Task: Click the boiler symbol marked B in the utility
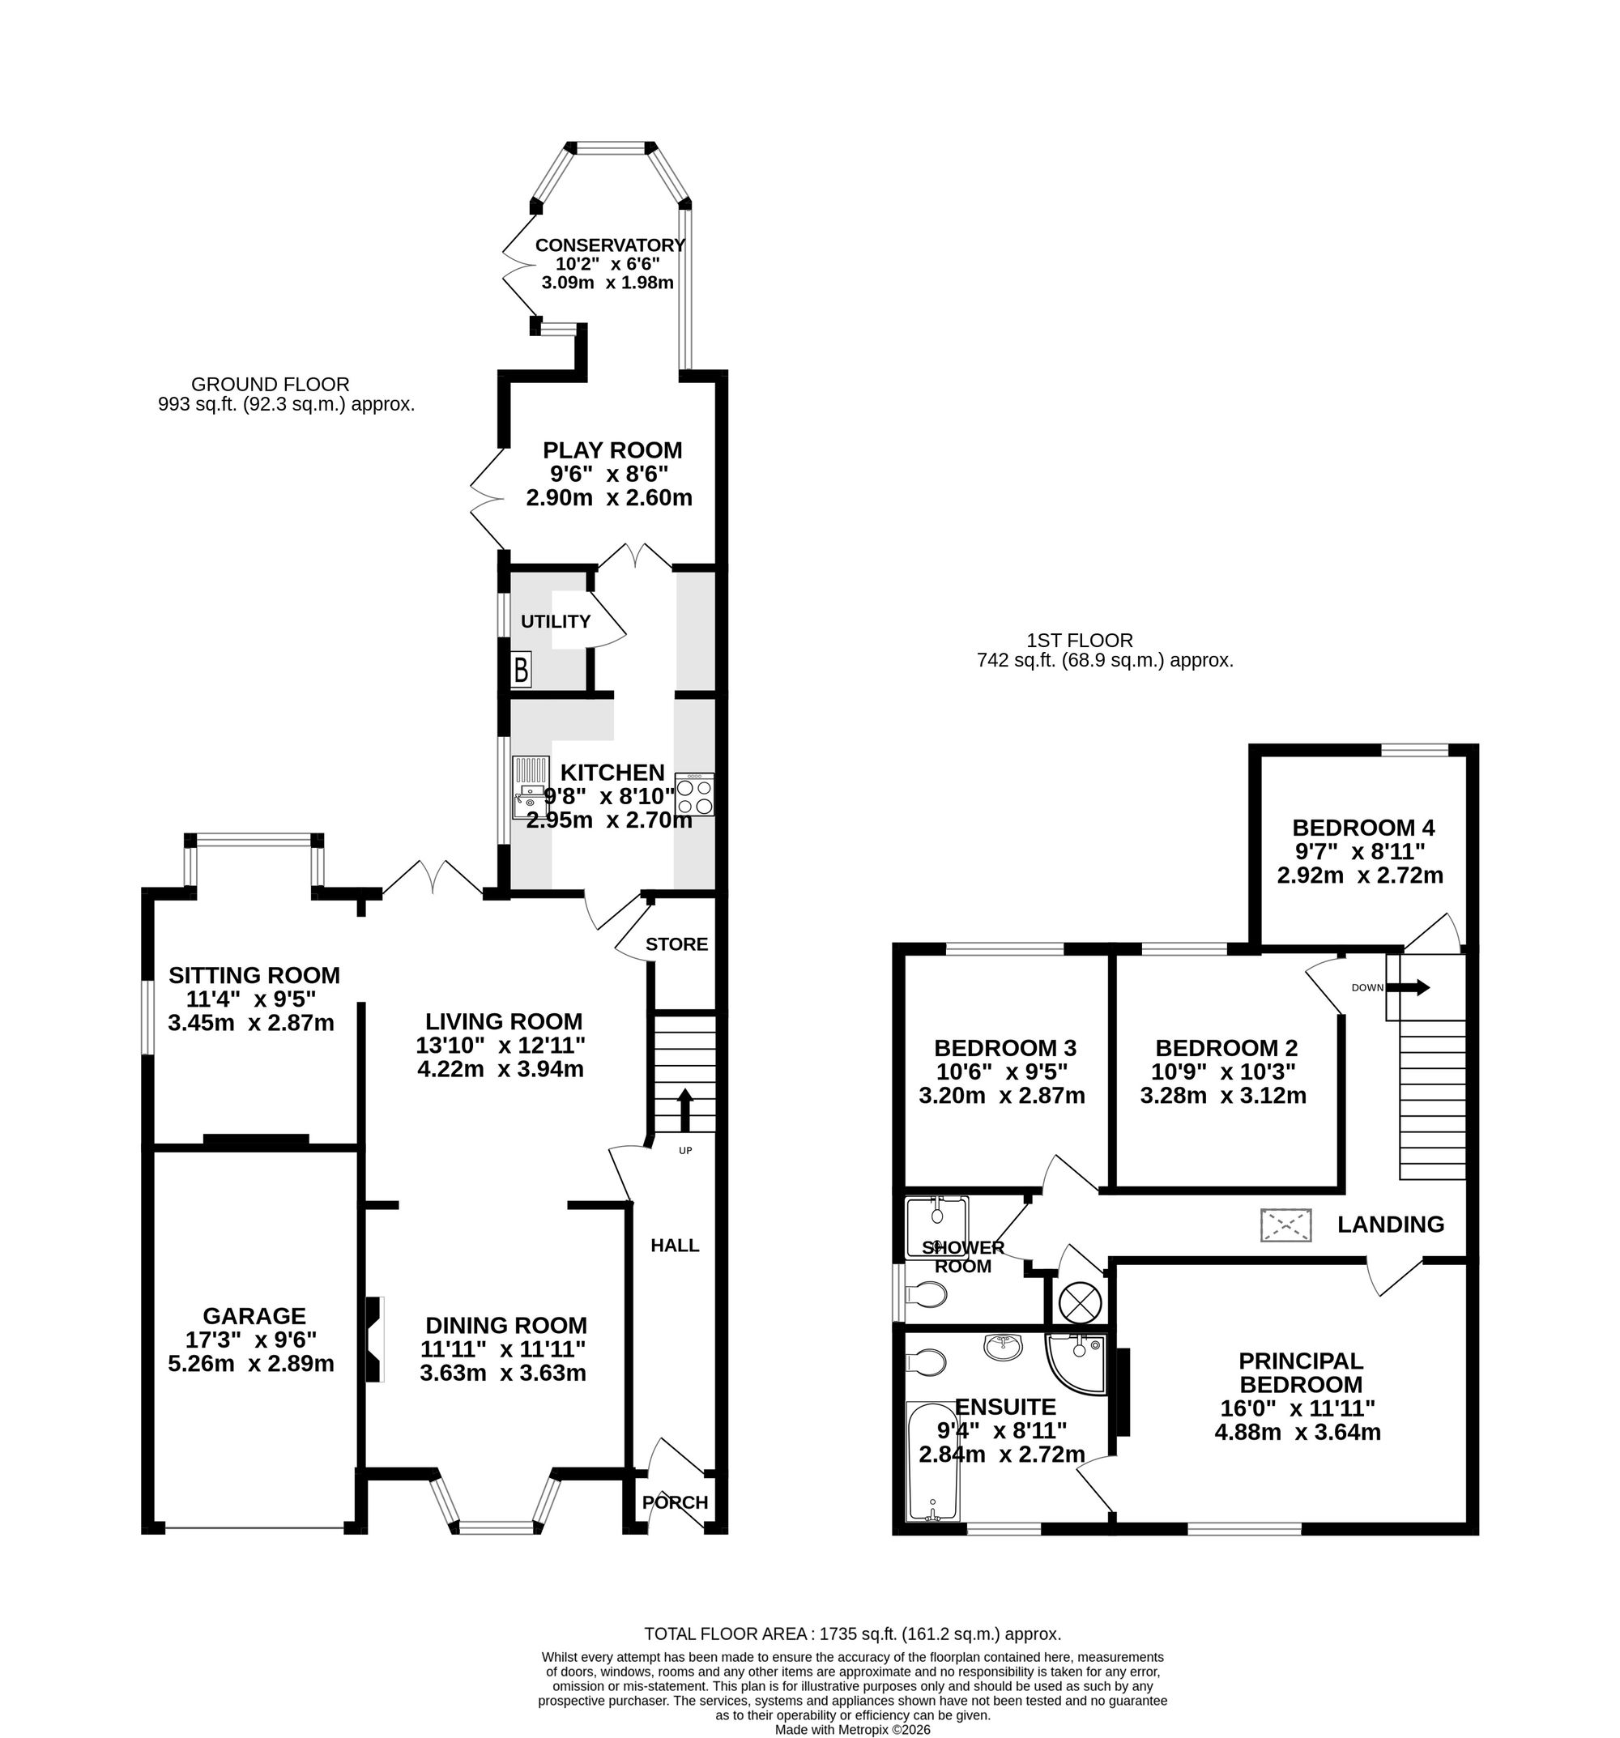coord(521,671)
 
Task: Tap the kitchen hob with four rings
coord(695,794)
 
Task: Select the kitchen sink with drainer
coord(529,788)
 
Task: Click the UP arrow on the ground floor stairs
coord(684,1110)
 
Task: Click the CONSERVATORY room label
coord(609,245)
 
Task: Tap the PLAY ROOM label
coord(612,450)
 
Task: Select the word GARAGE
coord(254,1316)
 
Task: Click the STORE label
coord(676,944)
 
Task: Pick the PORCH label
coord(675,1502)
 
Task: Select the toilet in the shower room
coord(926,1294)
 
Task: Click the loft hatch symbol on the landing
coord(1286,1225)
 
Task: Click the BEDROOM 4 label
coord(1363,827)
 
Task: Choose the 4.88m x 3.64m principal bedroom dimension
coord(1298,1432)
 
